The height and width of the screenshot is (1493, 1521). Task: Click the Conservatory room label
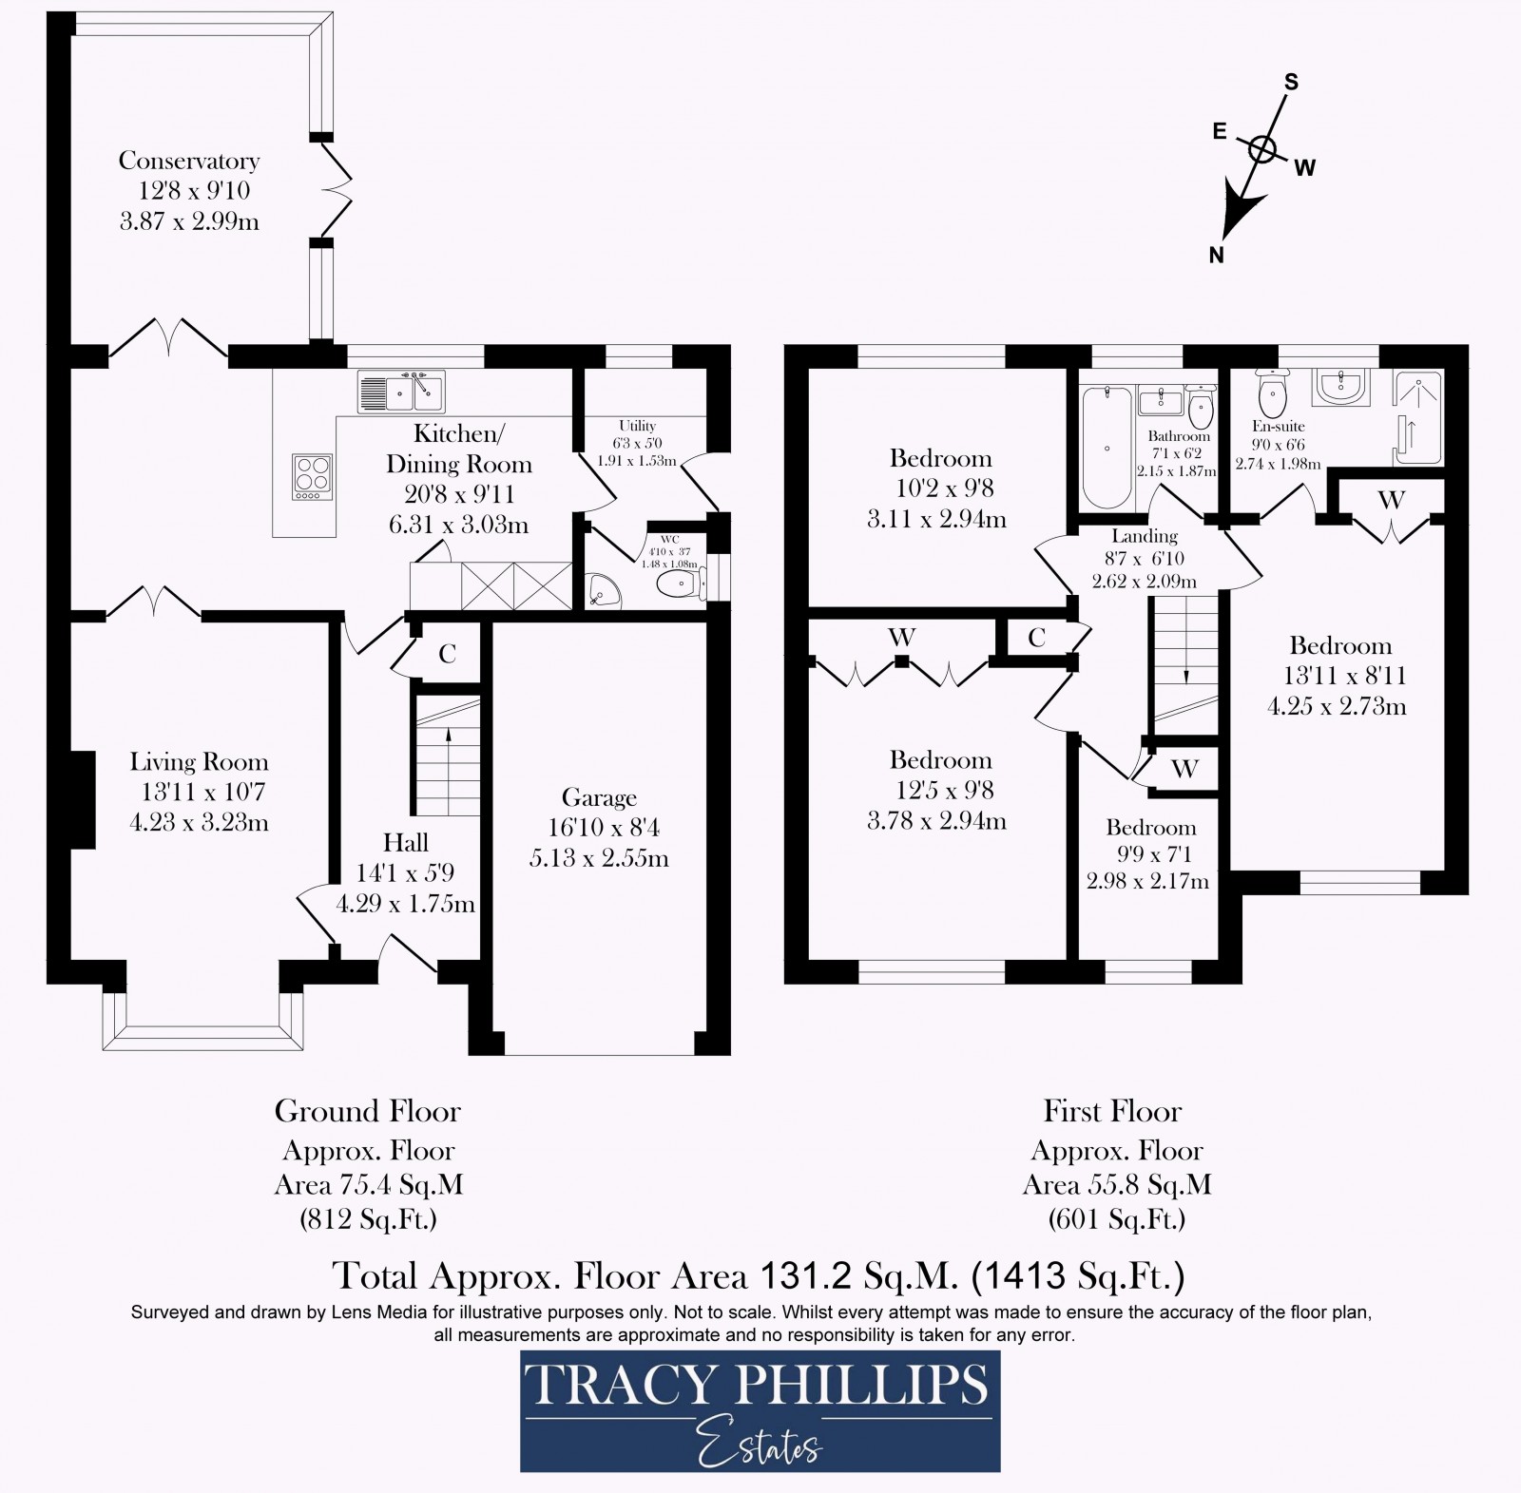(x=189, y=161)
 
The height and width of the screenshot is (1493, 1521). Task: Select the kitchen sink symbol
(x=401, y=392)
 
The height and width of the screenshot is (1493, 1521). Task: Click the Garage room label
(x=599, y=797)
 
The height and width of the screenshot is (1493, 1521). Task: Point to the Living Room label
(x=200, y=761)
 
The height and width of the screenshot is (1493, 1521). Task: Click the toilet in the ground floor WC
(x=680, y=585)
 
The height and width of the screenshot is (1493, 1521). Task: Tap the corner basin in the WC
(x=601, y=590)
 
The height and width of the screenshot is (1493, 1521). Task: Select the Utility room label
(x=637, y=426)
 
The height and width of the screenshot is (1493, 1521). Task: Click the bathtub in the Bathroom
(x=1107, y=447)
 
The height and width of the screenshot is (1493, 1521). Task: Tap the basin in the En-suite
(x=1340, y=386)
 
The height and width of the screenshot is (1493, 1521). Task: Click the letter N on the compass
(x=1216, y=254)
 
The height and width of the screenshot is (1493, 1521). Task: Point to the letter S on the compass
(x=1292, y=82)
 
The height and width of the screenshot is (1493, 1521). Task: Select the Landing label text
(x=1145, y=536)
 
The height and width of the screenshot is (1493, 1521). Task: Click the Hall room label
(x=406, y=842)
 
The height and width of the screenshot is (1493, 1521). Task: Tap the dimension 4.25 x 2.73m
(x=1337, y=706)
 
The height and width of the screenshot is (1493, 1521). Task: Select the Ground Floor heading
(x=368, y=1111)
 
